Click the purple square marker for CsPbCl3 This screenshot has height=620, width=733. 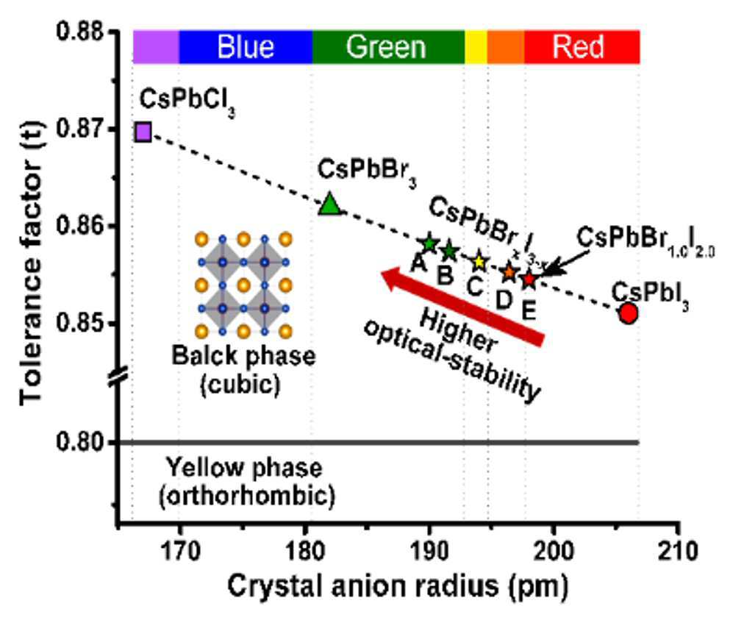coord(143,132)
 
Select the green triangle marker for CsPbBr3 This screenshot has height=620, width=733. coord(329,204)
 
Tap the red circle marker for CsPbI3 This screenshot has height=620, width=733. coord(629,313)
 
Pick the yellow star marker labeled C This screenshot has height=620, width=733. coord(479,263)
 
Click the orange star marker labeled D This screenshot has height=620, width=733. coord(509,272)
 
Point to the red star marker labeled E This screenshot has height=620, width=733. coord(529,279)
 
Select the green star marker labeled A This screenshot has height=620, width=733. coord(429,243)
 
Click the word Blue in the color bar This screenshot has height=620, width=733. coord(246,47)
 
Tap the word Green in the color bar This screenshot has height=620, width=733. coord(386,47)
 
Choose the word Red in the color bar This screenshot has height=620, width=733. coord(579,47)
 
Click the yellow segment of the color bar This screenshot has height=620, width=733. coord(476,47)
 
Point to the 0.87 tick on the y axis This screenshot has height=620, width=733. coord(113,129)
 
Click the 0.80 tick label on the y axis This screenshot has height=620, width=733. coord(80,442)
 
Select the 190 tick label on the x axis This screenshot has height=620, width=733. coord(429,551)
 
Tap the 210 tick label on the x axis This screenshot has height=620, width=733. coord(678,551)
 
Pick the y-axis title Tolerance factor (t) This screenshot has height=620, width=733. coord(32,263)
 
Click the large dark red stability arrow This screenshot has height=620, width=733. coord(462,306)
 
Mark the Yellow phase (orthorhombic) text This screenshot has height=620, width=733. coord(246,482)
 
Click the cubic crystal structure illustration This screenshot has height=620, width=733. coord(243,285)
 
